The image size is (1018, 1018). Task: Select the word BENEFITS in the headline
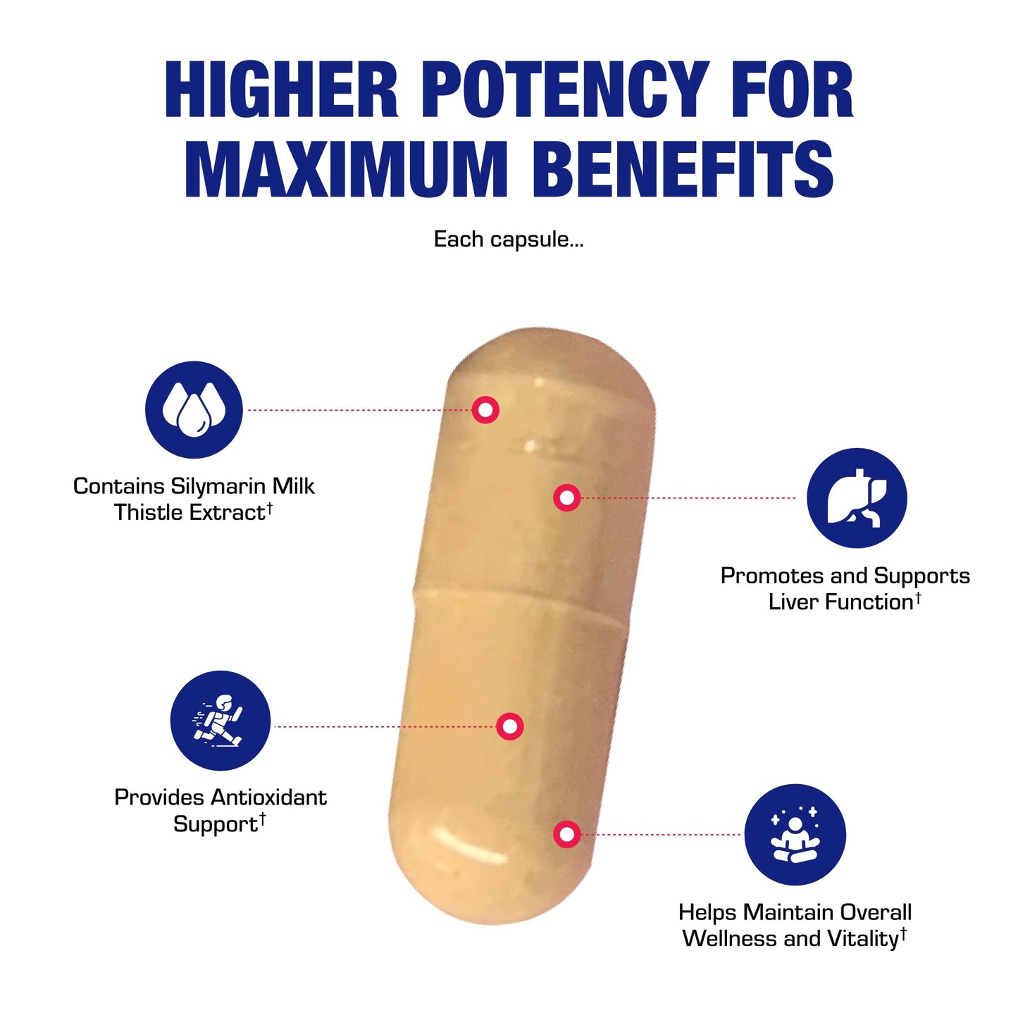click(683, 169)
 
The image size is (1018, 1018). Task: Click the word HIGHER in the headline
click(282, 89)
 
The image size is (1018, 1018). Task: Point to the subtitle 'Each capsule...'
click(508, 240)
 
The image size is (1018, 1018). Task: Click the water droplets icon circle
click(194, 409)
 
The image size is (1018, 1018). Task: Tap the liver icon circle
click(857, 497)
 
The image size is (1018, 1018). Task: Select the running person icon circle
click(221, 720)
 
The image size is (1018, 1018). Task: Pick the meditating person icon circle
click(795, 835)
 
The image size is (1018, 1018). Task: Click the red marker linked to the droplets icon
click(485, 410)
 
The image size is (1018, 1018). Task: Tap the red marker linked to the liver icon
click(567, 497)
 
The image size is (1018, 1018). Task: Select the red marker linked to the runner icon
click(510, 726)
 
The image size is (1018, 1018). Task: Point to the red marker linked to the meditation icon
click(567, 835)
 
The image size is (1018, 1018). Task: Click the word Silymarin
click(219, 487)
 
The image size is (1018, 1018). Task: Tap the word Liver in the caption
click(794, 602)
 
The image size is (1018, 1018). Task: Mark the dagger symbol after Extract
click(269, 508)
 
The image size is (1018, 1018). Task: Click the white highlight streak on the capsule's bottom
click(468, 845)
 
